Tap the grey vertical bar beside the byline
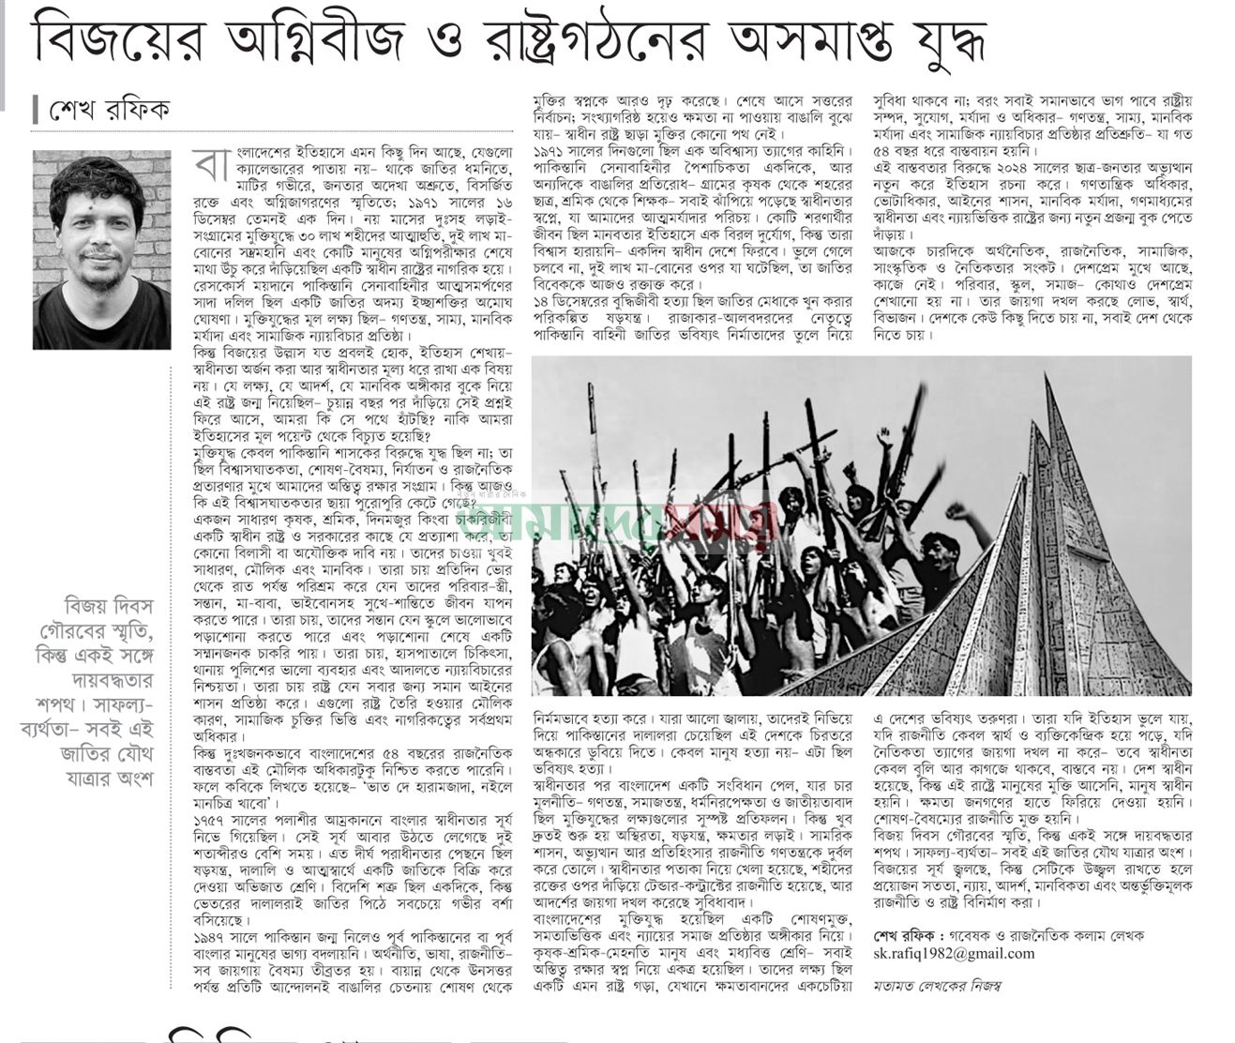tap(35, 110)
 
